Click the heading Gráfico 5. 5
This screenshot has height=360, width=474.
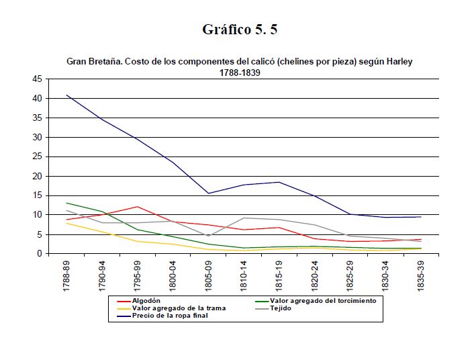pyautogui.click(x=240, y=30)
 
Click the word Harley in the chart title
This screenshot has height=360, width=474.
pyautogui.click(x=397, y=61)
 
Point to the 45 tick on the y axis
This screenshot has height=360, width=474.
pyautogui.click(x=38, y=79)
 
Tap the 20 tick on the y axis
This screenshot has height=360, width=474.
pyautogui.click(x=38, y=176)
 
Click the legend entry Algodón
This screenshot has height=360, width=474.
pyautogui.click(x=146, y=301)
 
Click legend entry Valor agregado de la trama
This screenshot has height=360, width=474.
pyautogui.click(x=179, y=308)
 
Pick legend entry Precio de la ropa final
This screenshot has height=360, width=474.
pyautogui.click(x=170, y=316)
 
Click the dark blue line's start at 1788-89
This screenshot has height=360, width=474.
pyautogui.click(x=67, y=95)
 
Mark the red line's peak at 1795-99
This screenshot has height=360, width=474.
pyautogui.click(x=138, y=207)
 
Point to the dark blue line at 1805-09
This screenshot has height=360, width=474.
pyautogui.click(x=209, y=193)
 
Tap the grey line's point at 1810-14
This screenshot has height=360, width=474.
pyautogui.click(x=244, y=218)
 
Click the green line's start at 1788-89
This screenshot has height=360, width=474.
pyautogui.click(x=67, y=203)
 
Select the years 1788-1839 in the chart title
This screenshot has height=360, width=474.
pyautogui.click(x=240, y=73)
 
